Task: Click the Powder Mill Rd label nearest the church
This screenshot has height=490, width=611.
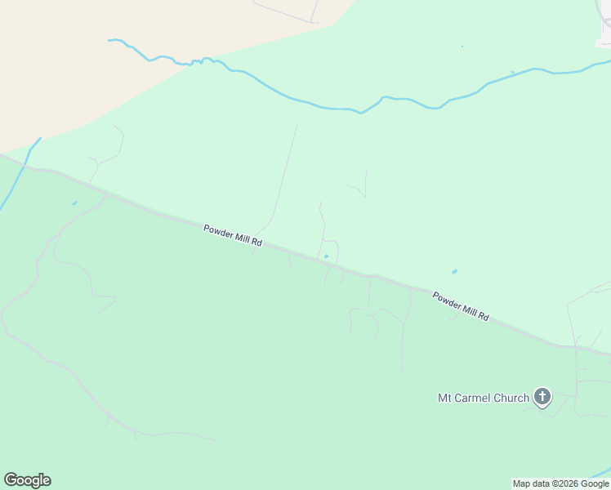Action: click(x=461, y=306)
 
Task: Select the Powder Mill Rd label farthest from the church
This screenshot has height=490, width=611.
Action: click(x=233, y=237)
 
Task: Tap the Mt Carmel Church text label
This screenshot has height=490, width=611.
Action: click(x=484, y=399)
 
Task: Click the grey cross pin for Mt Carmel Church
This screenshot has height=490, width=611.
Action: click(x=542, y=398)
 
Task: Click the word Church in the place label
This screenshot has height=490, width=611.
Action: click(x=512, y=399)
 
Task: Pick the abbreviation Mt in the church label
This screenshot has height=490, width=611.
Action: click(x=445, y=399)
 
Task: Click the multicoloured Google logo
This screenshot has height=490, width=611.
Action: click(x=27, y=480)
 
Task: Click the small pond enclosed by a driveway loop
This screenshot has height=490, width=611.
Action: click(x=326, y=256)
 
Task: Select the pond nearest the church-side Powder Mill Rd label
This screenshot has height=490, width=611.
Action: click(x=454, y=271)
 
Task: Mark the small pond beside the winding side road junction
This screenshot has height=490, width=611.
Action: click(x=74, y=203)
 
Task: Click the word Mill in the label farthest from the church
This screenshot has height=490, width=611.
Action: click(x=244, y=239)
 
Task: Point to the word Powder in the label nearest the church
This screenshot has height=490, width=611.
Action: click(x=446, y=301)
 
